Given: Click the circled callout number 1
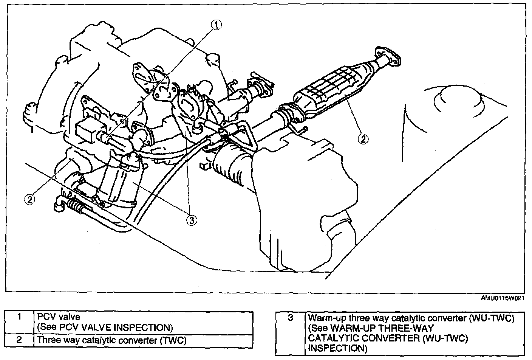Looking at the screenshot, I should [x=216, y=25].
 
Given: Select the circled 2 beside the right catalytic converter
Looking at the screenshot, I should [x=362, y=139].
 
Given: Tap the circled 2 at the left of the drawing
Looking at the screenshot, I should [x=30, y=198].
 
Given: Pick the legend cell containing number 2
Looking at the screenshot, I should [x=20, y=340].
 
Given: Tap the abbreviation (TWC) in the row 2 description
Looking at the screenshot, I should [x=174, y=340].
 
